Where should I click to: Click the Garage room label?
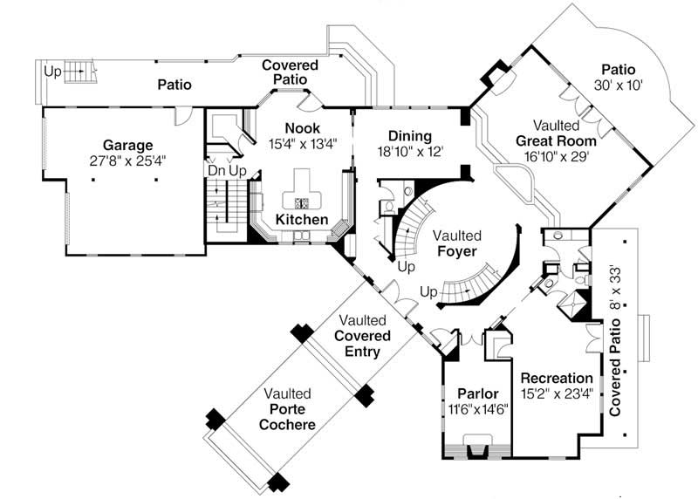click(127, 145)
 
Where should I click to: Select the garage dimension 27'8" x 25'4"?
click(127, 161)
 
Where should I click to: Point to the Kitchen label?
click(302, 219)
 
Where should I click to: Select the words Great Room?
click(556, 140)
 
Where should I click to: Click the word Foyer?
click(456, 251)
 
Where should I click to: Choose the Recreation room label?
click(557, 378)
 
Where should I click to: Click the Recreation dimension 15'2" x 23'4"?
click(557, 393)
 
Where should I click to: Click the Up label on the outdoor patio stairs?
click(52, 72)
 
